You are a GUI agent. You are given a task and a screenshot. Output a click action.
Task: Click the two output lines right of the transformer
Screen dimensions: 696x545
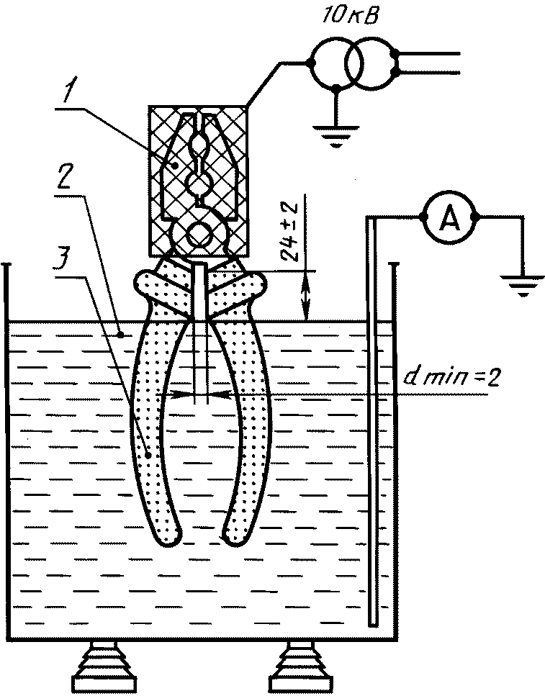428,63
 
